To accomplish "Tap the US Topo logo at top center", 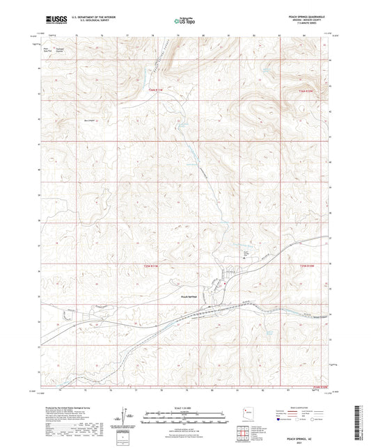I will click(x=184, y=22).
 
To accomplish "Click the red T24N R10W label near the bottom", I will click(x=318, y=387).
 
